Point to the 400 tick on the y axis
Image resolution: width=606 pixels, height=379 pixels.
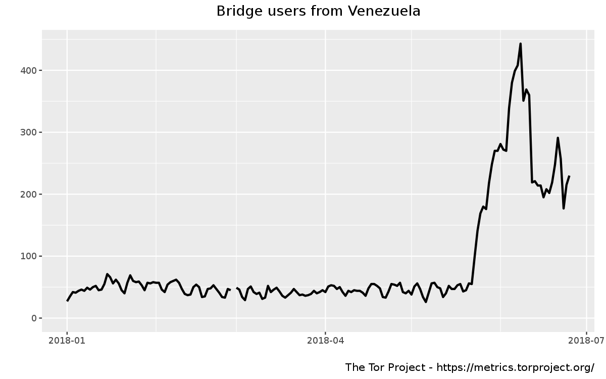coord(28,70)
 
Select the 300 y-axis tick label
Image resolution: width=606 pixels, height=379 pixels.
coord(28,132)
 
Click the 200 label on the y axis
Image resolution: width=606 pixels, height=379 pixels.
coord(28,195)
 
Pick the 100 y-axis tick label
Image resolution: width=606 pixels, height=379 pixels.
coord(28,256)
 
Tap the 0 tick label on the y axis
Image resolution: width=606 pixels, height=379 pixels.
coord(33,318)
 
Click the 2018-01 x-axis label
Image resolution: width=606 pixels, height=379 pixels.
coord(67,341)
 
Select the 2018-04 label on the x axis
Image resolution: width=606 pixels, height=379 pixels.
coord(325,341)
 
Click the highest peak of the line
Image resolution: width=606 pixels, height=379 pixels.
coord(520,44)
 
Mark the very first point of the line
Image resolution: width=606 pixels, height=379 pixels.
coord(67,301)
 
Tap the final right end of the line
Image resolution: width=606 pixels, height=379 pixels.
coord(569,176)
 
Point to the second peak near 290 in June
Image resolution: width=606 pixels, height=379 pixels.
coord(558,137)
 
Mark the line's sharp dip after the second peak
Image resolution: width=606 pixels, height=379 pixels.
coord(564,208)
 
